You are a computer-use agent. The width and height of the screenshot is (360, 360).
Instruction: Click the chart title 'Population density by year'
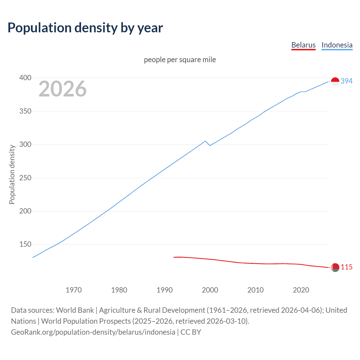85,28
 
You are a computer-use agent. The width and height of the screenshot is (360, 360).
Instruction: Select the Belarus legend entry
303,45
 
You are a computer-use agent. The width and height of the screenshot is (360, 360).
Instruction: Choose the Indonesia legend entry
337,45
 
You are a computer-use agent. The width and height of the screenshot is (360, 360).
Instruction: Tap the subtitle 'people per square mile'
180,60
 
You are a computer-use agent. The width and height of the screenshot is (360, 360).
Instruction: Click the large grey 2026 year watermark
62,89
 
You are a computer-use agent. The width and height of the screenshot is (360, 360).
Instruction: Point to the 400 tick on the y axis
25,78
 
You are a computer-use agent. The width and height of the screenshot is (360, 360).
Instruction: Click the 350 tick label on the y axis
25,111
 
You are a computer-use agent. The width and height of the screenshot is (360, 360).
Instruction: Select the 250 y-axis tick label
25,178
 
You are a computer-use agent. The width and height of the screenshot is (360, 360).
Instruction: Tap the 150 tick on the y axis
25,244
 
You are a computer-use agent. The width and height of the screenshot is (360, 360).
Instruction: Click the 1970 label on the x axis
73,290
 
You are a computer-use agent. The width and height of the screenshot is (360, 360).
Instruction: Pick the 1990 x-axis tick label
165,290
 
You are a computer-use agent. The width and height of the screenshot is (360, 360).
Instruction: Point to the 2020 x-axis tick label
301,290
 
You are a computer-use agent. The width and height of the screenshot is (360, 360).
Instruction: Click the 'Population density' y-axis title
12,174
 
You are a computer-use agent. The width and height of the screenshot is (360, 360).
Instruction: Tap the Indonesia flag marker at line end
335,82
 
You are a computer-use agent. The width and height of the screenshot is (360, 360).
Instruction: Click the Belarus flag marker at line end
335,267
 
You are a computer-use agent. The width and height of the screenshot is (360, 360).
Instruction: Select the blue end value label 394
346,81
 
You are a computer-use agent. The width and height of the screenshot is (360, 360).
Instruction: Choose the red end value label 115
346,267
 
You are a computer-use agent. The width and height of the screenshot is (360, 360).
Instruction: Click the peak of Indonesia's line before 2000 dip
205,141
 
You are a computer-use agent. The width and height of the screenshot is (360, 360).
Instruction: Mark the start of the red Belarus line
174,257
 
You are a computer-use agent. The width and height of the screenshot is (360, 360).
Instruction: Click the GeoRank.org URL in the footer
93,332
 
